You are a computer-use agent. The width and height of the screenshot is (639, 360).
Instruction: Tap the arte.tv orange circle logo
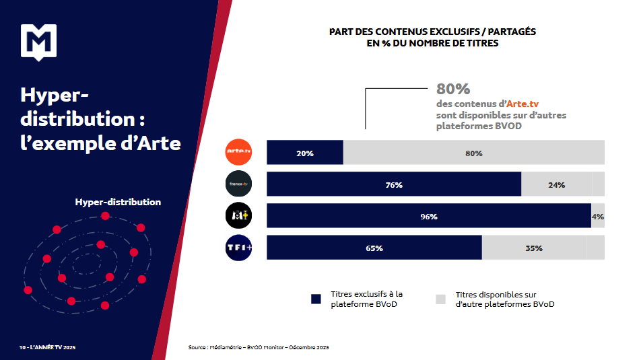pos(238,152)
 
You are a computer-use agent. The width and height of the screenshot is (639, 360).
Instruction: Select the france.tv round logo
pos(238,184)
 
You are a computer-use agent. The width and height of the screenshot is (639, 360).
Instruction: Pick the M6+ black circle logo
pos(238,215)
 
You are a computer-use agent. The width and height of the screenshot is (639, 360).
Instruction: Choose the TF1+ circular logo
pos(238,247)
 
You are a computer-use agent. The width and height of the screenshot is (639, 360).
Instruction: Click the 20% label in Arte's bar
pos(305,153)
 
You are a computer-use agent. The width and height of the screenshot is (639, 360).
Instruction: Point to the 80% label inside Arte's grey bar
pos(473,153)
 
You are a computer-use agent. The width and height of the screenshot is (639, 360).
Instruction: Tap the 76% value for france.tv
pos(394,185)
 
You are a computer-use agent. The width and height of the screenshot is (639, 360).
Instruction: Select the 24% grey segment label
pos(556,185)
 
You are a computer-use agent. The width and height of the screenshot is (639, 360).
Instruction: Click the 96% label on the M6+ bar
pos(429,217)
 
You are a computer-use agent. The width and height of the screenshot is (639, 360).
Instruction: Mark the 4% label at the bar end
pos(598,217)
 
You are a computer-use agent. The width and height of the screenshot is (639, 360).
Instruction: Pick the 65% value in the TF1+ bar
pos(374,248)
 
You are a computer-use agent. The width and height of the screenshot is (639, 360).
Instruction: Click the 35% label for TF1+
pos(534,248)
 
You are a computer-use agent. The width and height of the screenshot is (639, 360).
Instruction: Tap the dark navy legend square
pos(316,299)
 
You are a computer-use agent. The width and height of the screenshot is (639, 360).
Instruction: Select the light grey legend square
pos(441,299)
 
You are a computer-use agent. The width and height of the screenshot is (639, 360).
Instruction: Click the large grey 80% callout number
pos(453,89)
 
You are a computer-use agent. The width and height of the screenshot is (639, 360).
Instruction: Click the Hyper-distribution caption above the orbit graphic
pos(118,202)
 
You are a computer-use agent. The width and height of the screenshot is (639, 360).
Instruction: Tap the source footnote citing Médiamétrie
pos(259,347)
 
